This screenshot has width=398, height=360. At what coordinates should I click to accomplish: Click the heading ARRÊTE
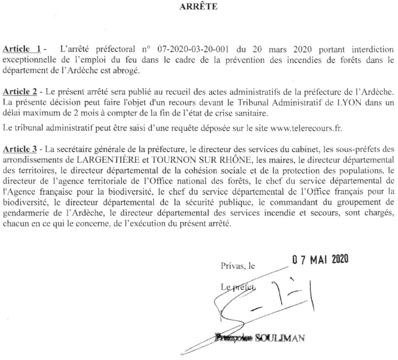tap(199, 6)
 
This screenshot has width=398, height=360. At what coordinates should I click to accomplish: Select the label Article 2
tap(20, 92)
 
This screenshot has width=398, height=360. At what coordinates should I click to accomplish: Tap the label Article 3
tap(20, 149)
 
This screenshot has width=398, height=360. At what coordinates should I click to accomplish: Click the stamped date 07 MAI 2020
tap(320, 259)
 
